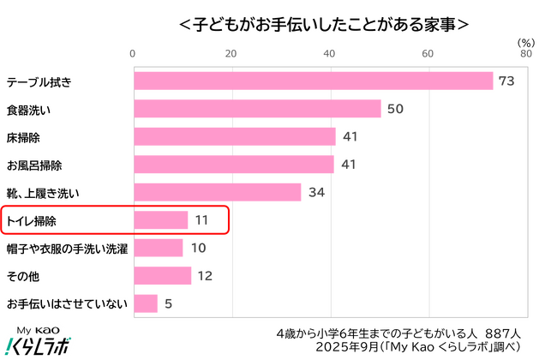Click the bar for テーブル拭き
point(313,81)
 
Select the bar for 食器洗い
point(256,109)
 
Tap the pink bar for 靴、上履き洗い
point(217,192)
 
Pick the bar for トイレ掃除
point(160,220)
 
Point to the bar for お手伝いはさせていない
point(145,303)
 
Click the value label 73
point(506,81)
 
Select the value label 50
point(395,109)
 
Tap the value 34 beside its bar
point(315,192)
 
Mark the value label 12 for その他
point(206,276)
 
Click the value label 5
point(169,303)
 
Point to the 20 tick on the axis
point(231,54)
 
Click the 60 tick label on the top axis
point(428,54)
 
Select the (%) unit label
point(526,41)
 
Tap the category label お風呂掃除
point(34,165)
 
